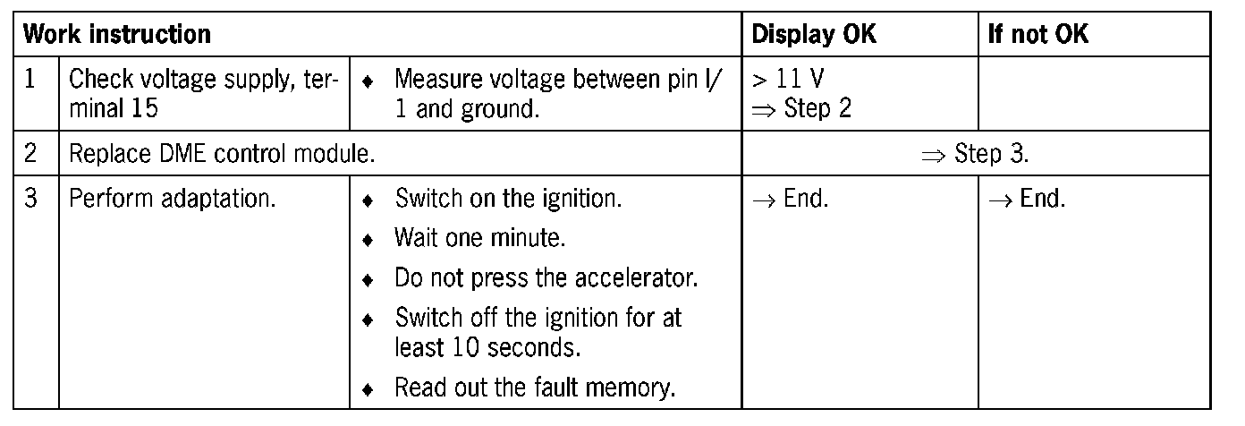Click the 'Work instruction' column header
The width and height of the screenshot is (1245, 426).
[116, 36]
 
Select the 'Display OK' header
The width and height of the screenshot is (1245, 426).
[814, 36]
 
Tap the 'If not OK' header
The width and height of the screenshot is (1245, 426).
[1037, 36]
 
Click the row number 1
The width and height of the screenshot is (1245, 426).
[30, 80]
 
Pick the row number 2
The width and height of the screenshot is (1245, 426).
[30, 154]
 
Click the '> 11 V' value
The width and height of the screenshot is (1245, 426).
[788, 80]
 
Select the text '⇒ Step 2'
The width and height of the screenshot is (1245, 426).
[801, 110]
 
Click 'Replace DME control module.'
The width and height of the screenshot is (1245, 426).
[221, 154]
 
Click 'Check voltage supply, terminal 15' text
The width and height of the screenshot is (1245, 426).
[204, 95]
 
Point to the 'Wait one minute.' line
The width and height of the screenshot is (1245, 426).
[480, 239]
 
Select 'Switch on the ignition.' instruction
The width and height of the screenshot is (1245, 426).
[507, 199]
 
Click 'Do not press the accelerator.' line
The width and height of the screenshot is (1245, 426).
[546, 278]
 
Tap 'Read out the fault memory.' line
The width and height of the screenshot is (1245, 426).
[535, 388]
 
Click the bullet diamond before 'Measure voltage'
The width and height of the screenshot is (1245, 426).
[367, 81]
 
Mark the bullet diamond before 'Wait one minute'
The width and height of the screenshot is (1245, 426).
[367, 240]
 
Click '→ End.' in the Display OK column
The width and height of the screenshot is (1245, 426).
[791, 199]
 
